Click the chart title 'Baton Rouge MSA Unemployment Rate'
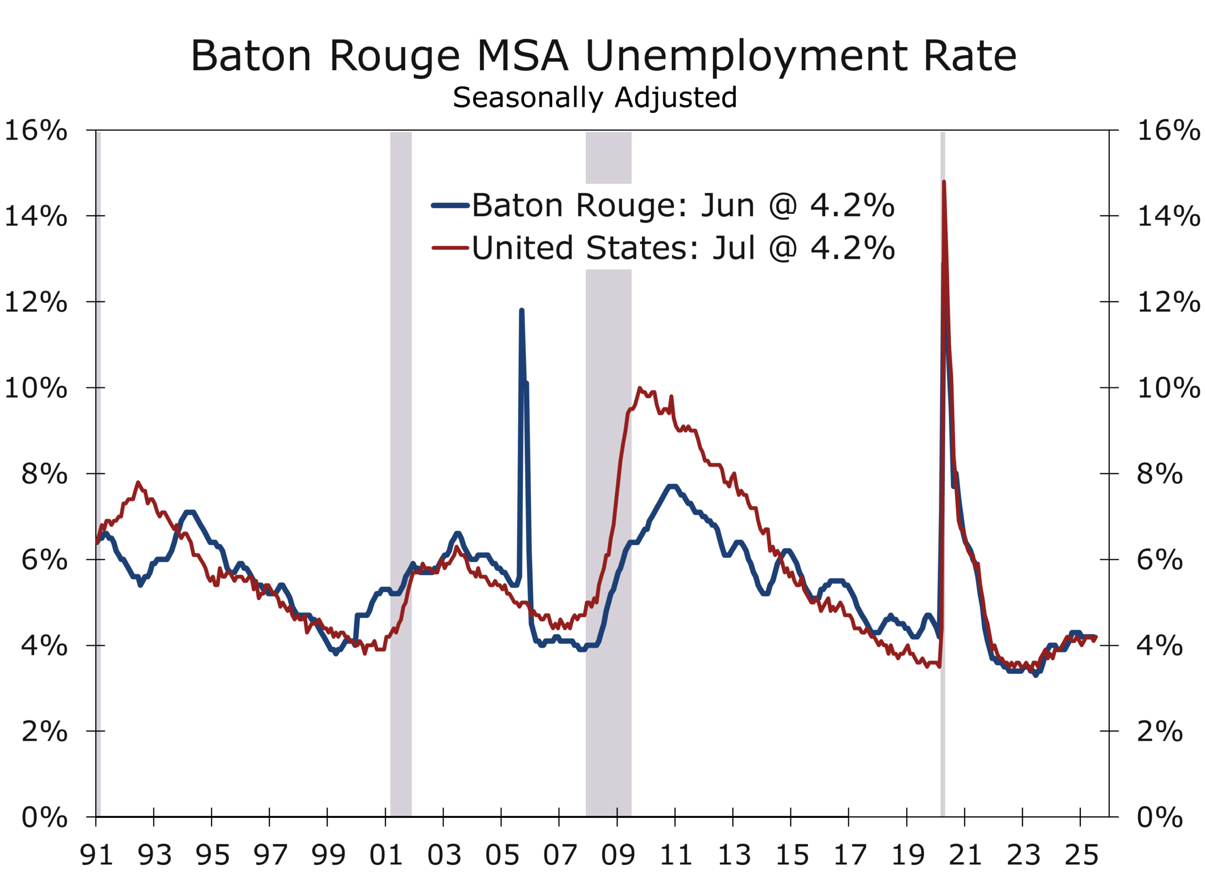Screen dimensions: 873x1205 (x=603, y=56)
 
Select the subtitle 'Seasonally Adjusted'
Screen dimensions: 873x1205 (x=594, y=98)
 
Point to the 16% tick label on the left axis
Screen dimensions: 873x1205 (x=36, y=131)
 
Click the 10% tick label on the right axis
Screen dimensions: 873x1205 (x=1168, y=388)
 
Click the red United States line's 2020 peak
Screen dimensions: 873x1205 (x=944, y=182)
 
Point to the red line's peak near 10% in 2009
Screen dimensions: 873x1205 (x=640, y=388)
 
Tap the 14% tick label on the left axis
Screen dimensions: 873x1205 (x=36, y=217)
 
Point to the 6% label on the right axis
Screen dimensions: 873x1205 (x=1159, y=561)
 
